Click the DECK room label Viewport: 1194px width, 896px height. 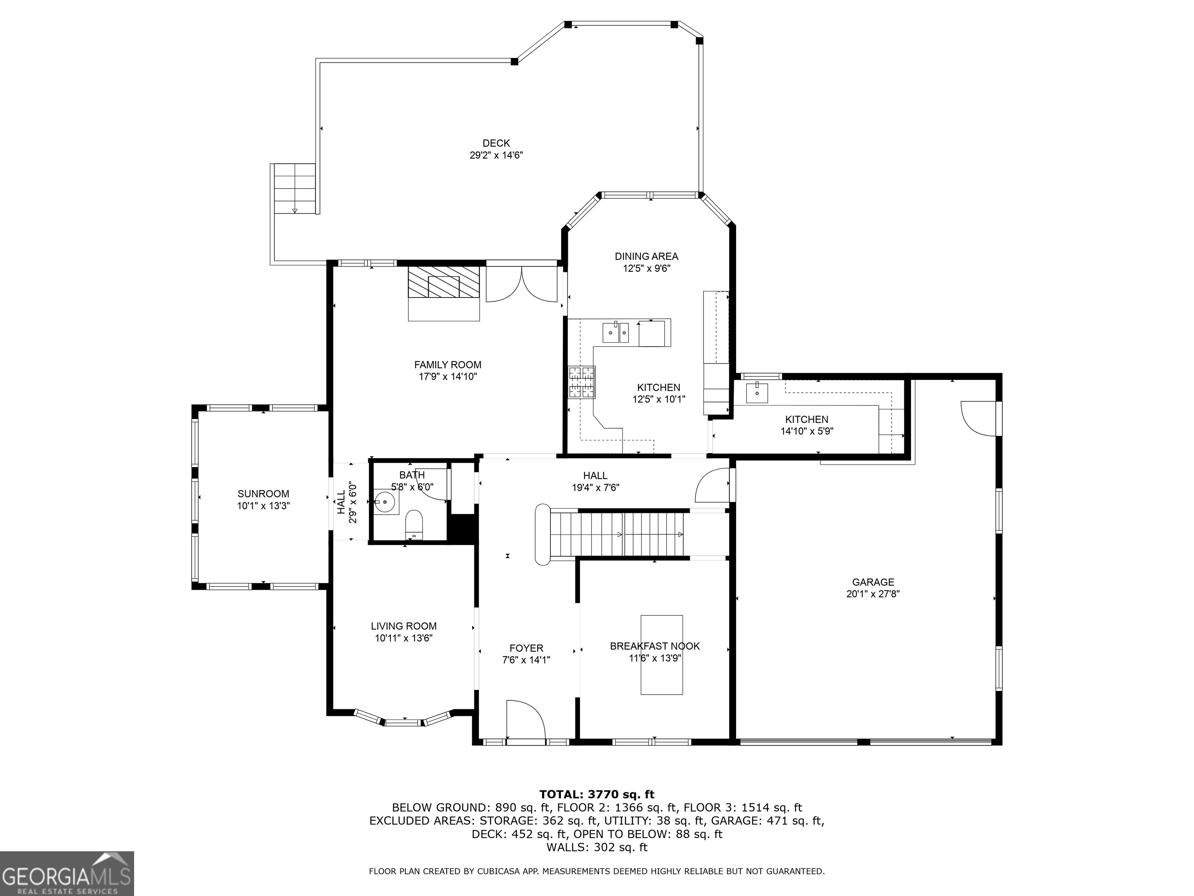click(x=496, y=143)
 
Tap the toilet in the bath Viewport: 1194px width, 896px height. click(x=414, y=524)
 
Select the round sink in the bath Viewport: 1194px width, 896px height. click(x=386, y=502)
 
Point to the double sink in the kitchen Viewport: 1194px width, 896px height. click(x=615, y=332)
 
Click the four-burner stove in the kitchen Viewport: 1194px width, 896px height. click(x=581, y=382)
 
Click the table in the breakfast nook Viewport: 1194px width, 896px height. click(x=661, y=654)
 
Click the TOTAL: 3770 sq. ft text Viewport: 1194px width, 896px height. click(x=597, y=794)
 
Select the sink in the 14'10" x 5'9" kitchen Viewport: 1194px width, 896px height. click(x=757, y=393)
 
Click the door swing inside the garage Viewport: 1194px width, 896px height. click(x=978, y=418)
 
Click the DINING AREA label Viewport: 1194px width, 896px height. click(x=646, y=257)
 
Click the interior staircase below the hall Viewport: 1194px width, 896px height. click(x=621, y=534)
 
